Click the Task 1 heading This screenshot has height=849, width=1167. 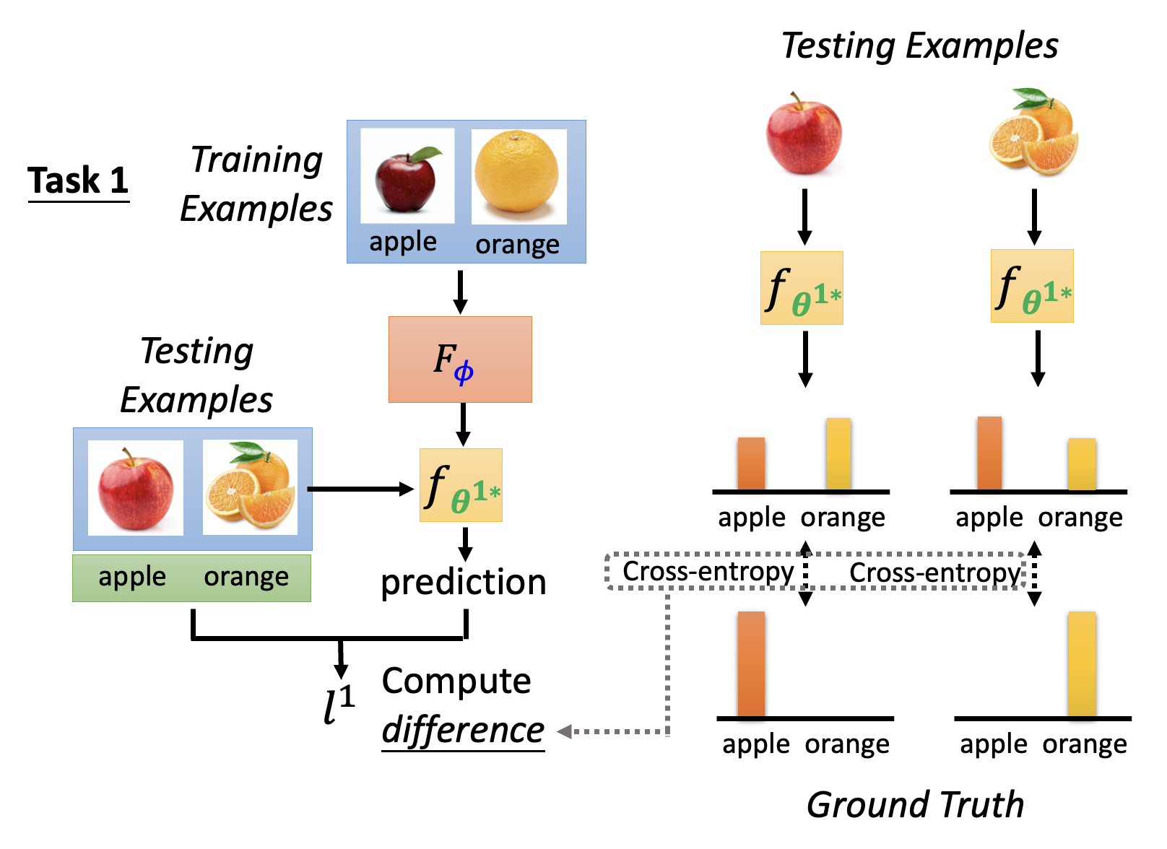tap(78, 180)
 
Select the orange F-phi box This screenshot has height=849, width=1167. tap(460, 359)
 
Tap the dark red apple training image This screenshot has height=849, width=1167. tap(407, 176)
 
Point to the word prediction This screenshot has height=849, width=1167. tap(464, 582)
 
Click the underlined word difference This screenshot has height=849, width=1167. tap(463, 730)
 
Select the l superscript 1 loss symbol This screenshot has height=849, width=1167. tap(338, 705)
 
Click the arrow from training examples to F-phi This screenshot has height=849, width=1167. tap(460, 292)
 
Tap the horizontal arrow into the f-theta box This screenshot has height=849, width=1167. tap(361, 489)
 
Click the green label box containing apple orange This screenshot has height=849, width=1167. tap(191, 578)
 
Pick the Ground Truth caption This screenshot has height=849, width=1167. tap(915, 804)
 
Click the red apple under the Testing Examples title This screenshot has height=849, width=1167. tap(804, 134)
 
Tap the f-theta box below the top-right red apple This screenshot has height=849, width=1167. tap(802, 288)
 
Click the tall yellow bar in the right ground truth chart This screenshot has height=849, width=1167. tap(1082, 664)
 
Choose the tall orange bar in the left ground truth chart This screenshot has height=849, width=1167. tap(751, 664)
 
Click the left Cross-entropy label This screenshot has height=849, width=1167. tap(708, 571)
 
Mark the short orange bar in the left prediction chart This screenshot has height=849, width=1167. tap(751, 463)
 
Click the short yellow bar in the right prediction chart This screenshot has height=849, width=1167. tap(1082, 464)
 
